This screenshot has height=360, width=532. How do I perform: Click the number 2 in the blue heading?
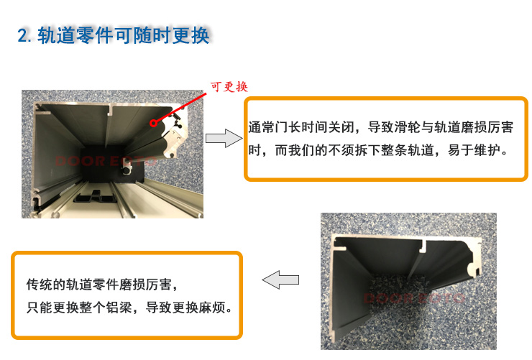click(x=23, y=36)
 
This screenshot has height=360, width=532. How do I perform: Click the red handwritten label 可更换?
click(x=229, y=87)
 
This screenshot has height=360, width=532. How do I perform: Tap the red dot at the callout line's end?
click(x=154, y=123)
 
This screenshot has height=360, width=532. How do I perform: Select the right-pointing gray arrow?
click(x=224, y=138)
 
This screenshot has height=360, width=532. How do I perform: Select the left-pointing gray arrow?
click(x=280, y=280)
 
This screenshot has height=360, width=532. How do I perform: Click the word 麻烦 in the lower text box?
click(x=212, y=307)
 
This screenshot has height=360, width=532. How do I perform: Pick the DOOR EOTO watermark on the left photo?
click(x=106, y=161)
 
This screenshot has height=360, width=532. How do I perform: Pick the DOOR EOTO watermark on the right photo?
click(x=414, y=298)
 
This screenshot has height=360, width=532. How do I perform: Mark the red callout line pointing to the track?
click(x=180, y=108)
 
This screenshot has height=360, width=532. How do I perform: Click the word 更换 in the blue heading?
click(x=191, y=36)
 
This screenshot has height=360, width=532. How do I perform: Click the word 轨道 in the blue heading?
click(x=56, y=36)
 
